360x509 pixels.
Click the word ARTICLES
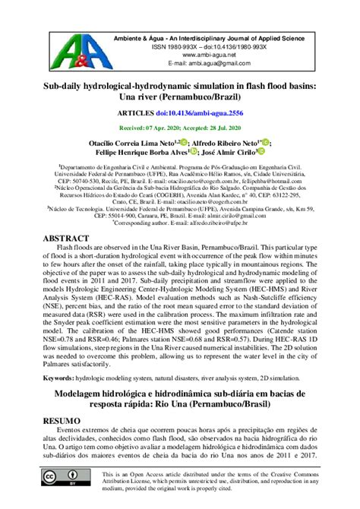pos(138,111)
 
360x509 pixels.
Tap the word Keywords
pos(63,377)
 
